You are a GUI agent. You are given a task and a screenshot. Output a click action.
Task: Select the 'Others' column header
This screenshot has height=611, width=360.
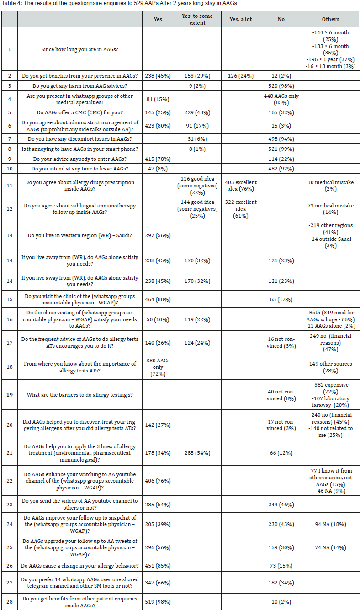click(x=330, y=19)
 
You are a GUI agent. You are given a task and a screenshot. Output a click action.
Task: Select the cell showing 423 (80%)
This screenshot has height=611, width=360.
click(x=158, y=124)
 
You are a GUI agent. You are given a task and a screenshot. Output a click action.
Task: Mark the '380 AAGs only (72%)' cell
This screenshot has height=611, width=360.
click(x=158, y=367)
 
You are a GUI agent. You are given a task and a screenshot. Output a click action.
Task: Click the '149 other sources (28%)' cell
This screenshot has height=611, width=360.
click(x=330, y=367)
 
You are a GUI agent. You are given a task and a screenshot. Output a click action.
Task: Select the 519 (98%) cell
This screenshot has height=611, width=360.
click(x=158, y=602)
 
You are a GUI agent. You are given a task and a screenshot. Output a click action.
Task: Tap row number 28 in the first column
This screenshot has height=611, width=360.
click(x=9, y=602)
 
